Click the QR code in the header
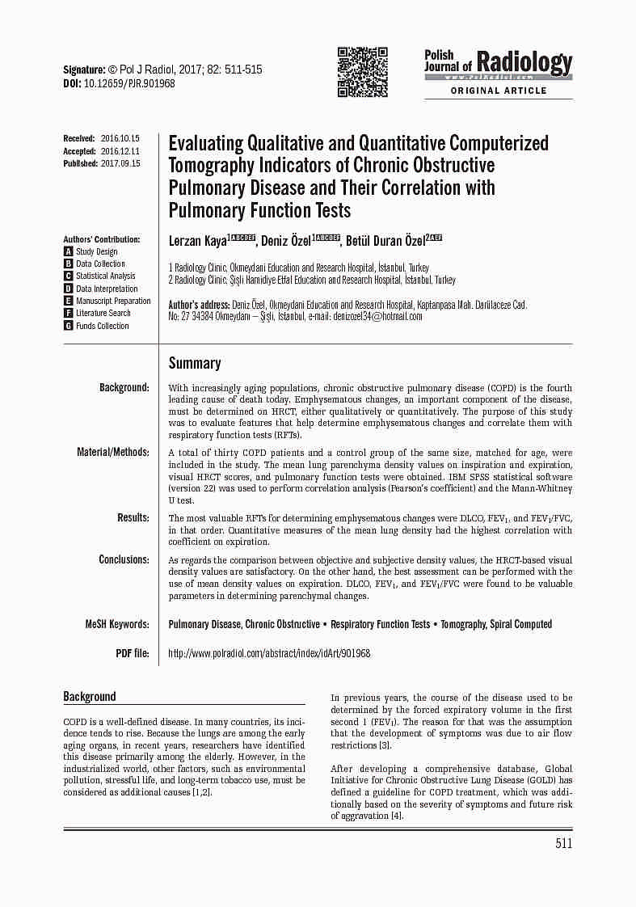361,73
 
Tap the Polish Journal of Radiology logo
498,64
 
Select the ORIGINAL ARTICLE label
498,91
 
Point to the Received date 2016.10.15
120,138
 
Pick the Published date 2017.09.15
120,163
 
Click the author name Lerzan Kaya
197,241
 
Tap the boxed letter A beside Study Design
69,251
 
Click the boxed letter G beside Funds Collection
69,326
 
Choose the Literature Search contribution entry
103,313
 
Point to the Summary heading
195,363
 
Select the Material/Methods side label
113,452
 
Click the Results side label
133,517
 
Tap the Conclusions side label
124,559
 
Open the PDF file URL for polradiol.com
269,653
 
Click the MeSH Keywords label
117,624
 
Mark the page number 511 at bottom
563,844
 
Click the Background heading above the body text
90,697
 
